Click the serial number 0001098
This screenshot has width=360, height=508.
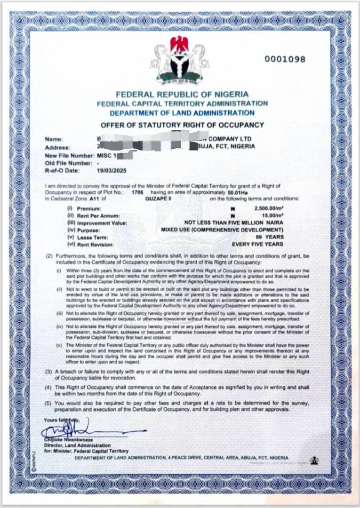coord(285,59)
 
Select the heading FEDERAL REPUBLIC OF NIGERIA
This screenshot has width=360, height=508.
coord(182,95)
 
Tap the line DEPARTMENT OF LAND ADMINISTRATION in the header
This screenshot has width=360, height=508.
coord(182,113)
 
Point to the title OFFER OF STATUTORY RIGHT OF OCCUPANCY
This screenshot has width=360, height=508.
coord(182,125)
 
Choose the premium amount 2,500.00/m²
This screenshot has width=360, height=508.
coord(268,208)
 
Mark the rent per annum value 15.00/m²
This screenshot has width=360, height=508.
coord(273,215)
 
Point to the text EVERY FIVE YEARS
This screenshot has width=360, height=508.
coord(257,245)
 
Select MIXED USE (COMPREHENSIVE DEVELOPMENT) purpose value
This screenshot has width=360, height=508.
coord(222,230)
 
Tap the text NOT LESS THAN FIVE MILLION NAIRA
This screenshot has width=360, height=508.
coord(234,223)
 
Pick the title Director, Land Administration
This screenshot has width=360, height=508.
coord(78,445)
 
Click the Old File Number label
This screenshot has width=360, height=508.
coord(68,163)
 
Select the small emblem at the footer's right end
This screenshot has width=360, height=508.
coord(314,460)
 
